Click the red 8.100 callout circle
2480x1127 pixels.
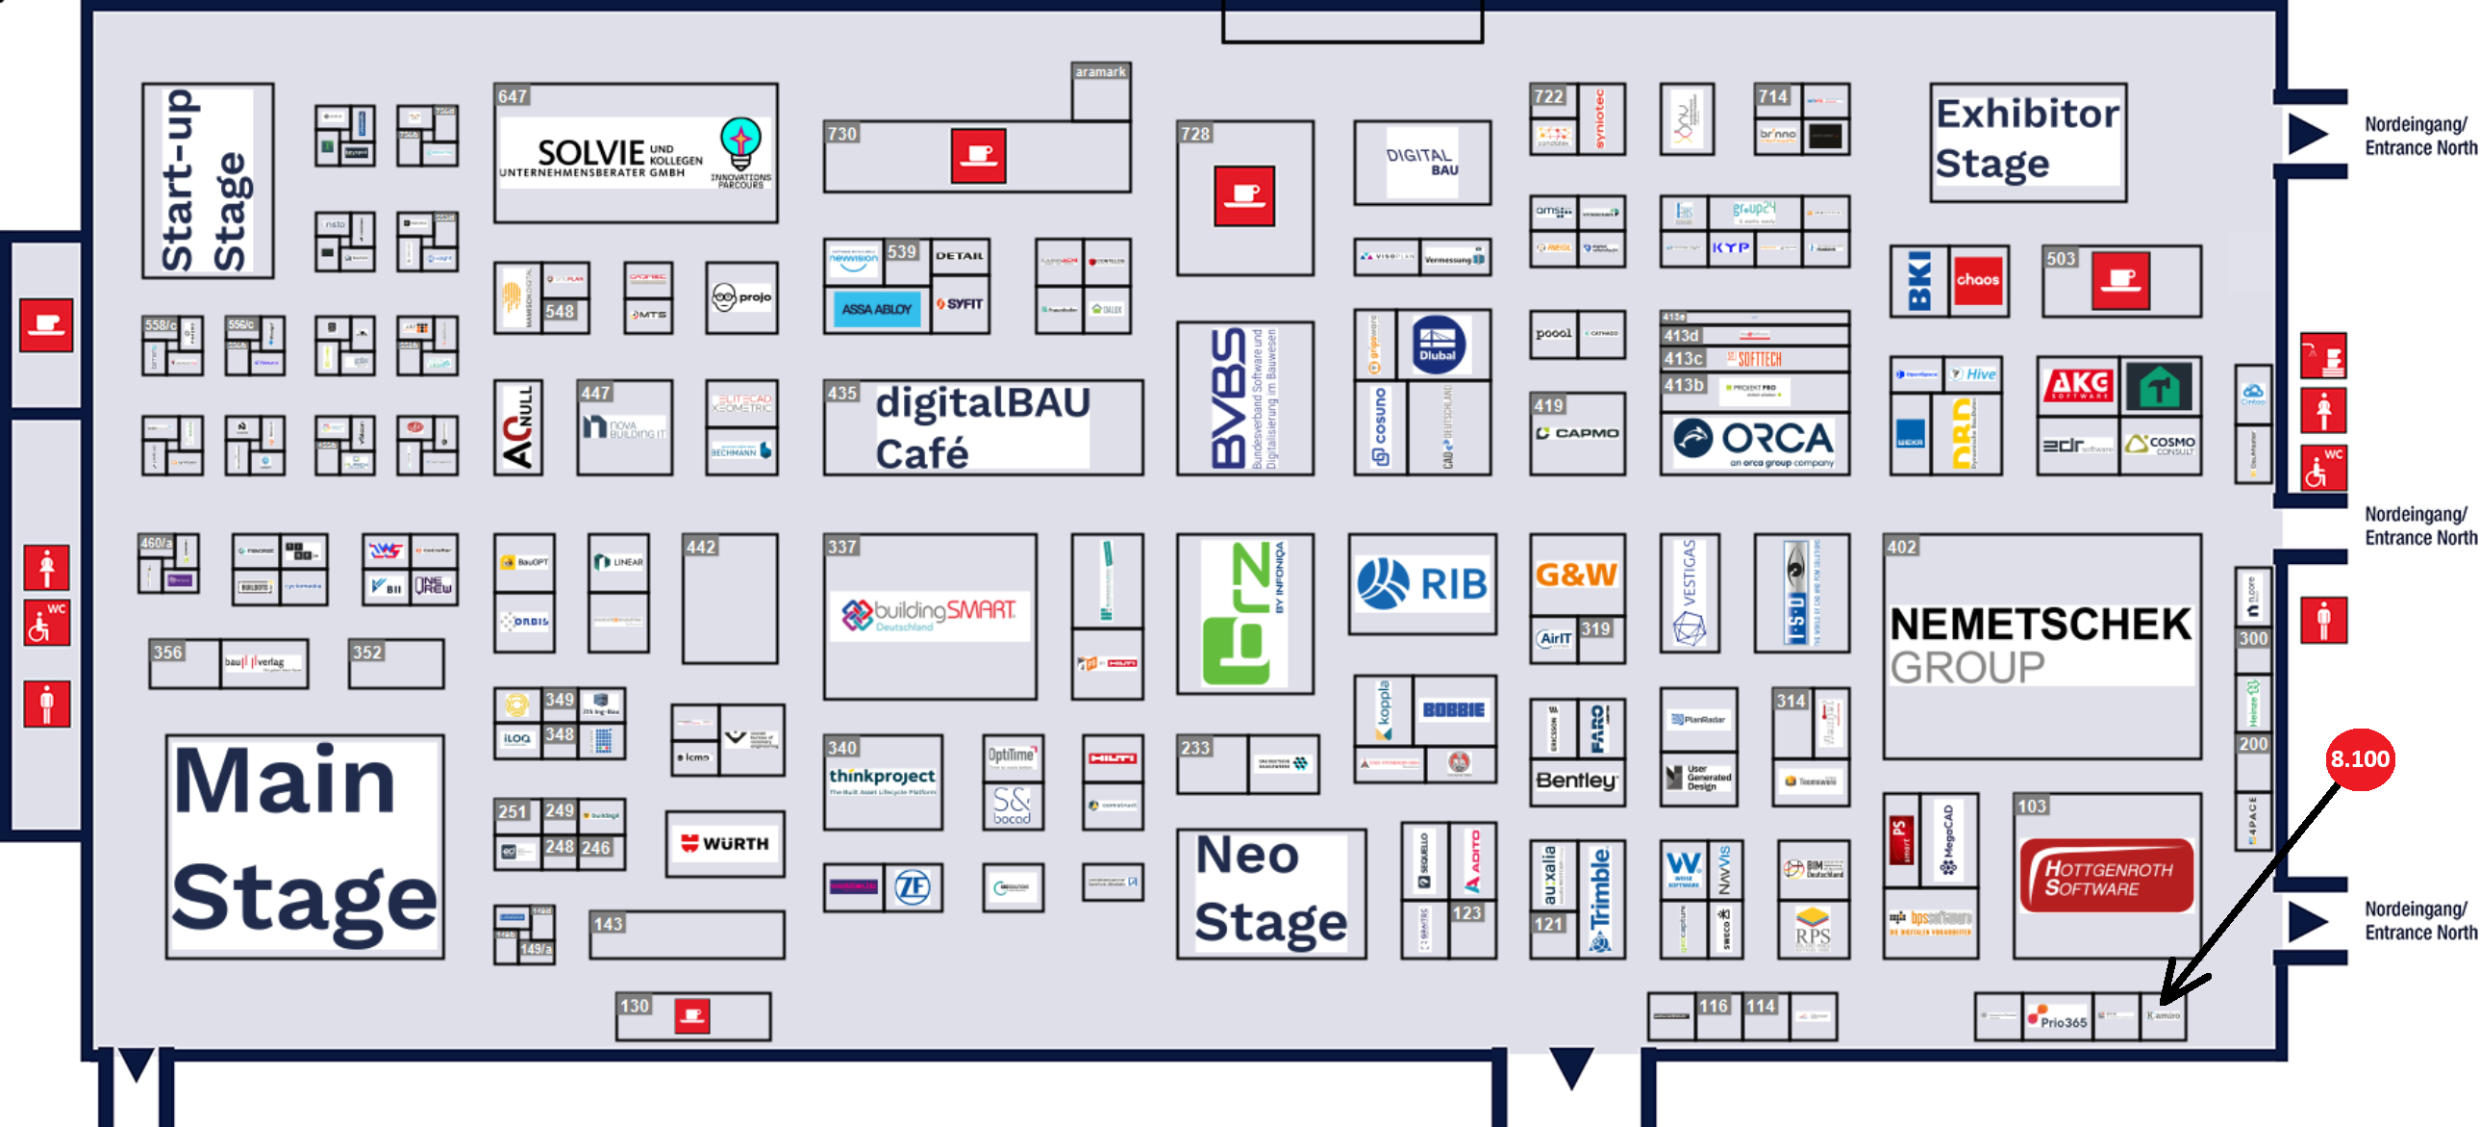coord(2359,759)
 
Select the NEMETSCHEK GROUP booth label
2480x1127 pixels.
coord(2040,645)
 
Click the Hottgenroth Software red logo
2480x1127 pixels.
coord(2107,876)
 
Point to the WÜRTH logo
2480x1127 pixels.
coord(725,844)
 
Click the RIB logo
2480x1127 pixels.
coord(1422,584)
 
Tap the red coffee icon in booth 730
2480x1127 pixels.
coord(978,155)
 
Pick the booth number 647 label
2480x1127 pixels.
coord(513,96)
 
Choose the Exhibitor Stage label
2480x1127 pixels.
coord(2026,139)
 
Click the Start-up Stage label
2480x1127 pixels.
coord(206,181)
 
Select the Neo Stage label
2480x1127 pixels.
coord(1270,891)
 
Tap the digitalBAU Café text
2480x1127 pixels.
coord(982,426)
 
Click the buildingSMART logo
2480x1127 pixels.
coord(929,614)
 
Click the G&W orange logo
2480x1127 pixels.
coord(1576,576)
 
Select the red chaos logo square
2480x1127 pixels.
coord(1977,280)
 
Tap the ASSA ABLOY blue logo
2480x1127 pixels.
coord(876,309)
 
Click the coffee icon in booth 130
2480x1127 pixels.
coord(692,1015)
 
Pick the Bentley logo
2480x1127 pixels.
coord(1576,781)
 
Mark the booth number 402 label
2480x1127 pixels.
coord(1901,547)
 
